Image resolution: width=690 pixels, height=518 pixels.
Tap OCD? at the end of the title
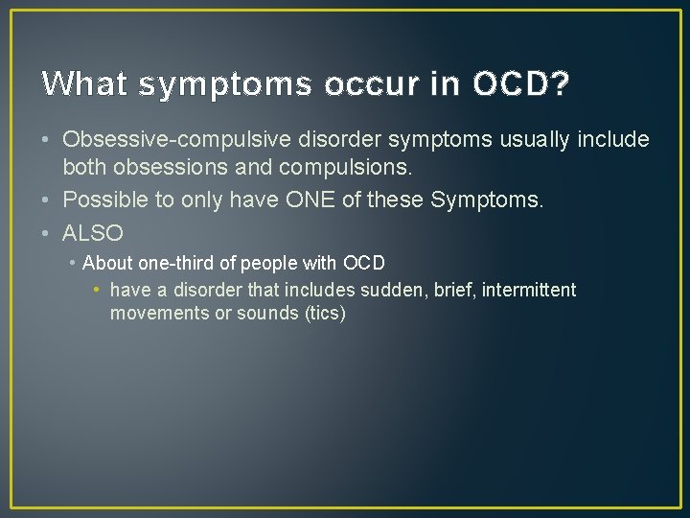[x=521, y=84]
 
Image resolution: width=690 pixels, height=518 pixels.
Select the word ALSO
[x=93, y=232]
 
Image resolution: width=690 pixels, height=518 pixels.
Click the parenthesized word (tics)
[x=324, y=314]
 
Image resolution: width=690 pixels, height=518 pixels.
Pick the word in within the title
[x=445, y=84]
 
